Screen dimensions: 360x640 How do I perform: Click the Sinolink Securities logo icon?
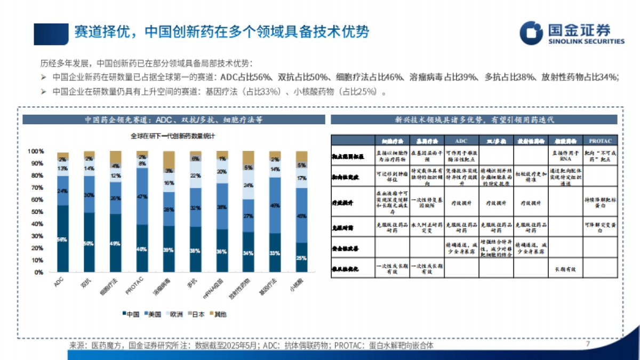(x=532, y=32)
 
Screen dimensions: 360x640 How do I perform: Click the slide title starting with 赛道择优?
(x=221, y=31)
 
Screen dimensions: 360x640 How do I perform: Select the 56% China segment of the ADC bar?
(x=63, y=239)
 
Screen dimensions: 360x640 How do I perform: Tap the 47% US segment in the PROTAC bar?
(x=142, y=196)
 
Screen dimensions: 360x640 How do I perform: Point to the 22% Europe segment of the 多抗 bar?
(x=195, y=175)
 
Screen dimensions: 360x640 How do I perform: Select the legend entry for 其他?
(x=218, y=314)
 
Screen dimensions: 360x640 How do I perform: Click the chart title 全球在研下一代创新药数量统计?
(x=173, y=136)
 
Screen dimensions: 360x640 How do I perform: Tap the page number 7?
(x=587, y=343)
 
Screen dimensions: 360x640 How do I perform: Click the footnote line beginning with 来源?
(x=251, y=346)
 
